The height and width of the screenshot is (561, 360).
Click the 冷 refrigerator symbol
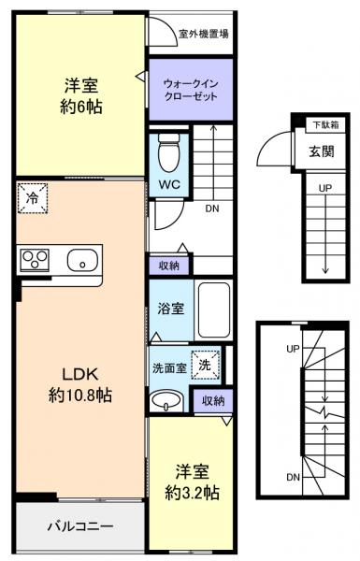[30, 197]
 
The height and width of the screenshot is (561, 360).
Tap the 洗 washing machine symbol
[203, 365]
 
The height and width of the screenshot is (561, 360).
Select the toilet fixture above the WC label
[169, 150]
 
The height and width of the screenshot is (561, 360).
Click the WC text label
[169, 184]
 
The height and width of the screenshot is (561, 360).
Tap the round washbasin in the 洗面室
[166, 401]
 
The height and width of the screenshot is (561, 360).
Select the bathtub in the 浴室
[214, 309]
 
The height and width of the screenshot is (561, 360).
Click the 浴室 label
[169, 306]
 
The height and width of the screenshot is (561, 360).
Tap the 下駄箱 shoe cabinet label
[325, 124]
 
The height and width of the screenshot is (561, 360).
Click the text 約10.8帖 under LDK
[80, 396]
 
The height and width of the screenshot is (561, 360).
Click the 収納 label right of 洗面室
[210, 401]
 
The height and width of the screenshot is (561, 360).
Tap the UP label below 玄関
[324, 187]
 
